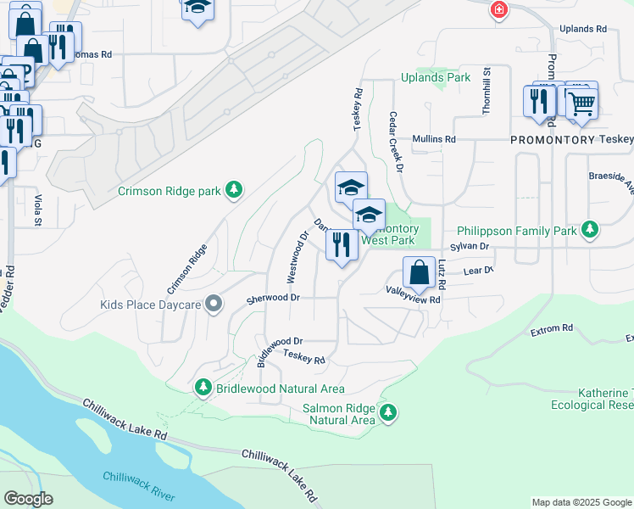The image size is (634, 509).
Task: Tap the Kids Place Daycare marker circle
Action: pos(215,304)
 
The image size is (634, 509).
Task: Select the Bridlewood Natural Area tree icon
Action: pos(203,388)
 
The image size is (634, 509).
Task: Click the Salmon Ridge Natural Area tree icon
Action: pos(388,412)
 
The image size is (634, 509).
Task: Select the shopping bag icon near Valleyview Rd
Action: pos(419,273)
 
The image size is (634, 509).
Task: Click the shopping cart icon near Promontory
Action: pos(581,103)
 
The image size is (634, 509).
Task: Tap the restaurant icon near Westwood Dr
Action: pos(342,245)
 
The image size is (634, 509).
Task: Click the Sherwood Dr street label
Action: pos(274,299)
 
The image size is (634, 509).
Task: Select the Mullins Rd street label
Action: pos(434,139)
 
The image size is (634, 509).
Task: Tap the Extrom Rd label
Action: pos(552,327)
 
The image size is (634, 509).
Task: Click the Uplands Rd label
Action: pos(583,29)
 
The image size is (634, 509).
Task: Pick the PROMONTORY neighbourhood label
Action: pos(551,139)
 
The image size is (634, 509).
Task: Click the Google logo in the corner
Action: pos(28,499)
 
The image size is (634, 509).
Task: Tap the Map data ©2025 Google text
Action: pos(581,502)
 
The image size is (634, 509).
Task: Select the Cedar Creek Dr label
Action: pos(394,142)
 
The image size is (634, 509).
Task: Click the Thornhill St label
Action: pos(487,87)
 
